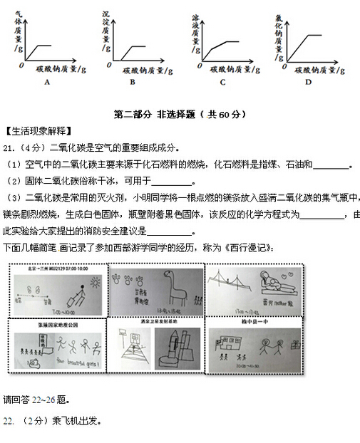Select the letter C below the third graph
click(x=222, y=82)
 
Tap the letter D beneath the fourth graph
click(x=308, y=81)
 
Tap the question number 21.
click(x=9, y=148)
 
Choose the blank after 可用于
click(x=163, y=182)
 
